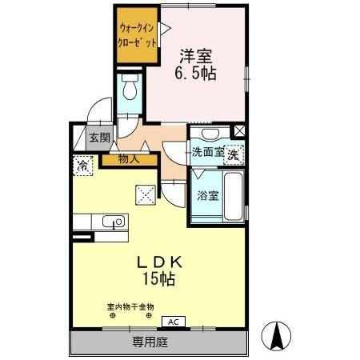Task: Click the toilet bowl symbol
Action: tap(130, 86)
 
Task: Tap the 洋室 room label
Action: tap(196, 57)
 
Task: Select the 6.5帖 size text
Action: tap(195, 73)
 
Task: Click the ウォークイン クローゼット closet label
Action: tap(137, 35)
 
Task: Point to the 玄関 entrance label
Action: tap(99, 138)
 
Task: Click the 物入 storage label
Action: tap(129, 159)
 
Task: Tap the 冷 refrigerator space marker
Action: tap(82, 166)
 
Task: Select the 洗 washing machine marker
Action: tap(234, 155)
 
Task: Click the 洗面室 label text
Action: tap(208, 153)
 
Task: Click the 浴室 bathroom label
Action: tap(208, 196)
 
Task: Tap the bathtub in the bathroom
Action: tap(234, 197)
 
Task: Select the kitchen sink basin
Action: tap(114, 221)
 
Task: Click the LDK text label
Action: tap(159, 262)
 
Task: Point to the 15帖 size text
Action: tap(159, 279)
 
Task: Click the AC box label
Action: tap(174, 322)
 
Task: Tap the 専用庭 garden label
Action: tap(150, 342)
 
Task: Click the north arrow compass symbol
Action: tap(276, 336)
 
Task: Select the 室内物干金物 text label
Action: tap(130, 307)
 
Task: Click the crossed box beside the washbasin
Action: tap(239, 131)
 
